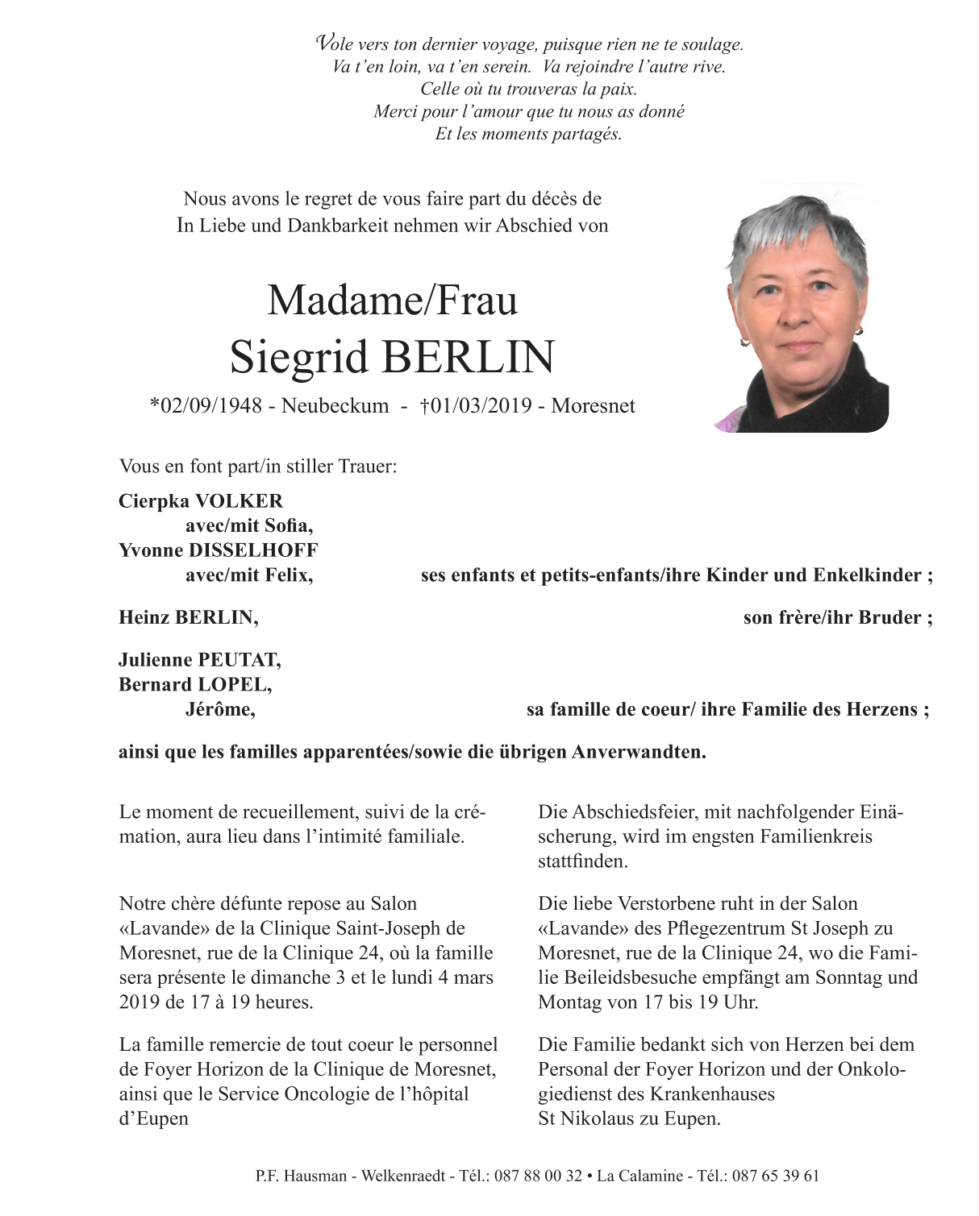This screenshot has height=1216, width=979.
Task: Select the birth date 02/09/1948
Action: tap(211, 405)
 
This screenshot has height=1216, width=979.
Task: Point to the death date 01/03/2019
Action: tap(481, 405)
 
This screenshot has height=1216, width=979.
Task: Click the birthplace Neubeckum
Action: tap(335, 405)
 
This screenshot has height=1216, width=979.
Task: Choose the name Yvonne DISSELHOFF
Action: tap(218, 550)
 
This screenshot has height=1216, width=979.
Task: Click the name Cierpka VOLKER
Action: tap(200, 501)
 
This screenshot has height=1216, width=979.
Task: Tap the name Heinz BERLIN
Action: tap(188, 617)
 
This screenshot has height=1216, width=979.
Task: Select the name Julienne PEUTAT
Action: tap(199, 660)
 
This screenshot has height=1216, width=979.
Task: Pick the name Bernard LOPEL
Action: tap(194, 684)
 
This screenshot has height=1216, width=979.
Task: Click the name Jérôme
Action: tap(219, 709)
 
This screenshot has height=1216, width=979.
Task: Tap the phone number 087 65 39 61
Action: tap(775, 1176)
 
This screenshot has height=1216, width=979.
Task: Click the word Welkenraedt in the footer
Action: tap(402, 1176)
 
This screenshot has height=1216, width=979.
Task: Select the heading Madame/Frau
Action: tap(392, 301)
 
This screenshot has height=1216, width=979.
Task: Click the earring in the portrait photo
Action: tap(859, 331)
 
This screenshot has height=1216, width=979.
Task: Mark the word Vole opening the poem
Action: tap(333, 44)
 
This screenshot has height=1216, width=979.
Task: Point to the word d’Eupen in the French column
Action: tap(154, 1118)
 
